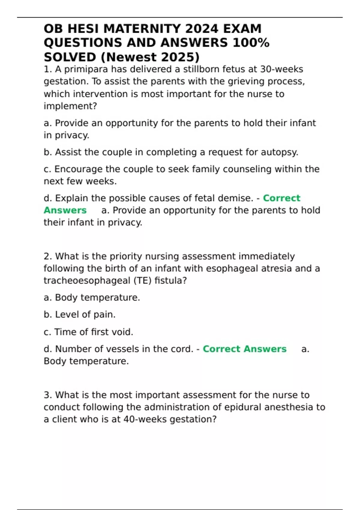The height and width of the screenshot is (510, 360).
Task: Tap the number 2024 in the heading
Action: point(202,29)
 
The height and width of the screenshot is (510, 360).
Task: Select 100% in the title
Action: point(251,43)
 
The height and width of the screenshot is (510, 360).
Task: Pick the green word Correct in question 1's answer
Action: point(281,198)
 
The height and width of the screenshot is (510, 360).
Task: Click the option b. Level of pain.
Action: point(79,314)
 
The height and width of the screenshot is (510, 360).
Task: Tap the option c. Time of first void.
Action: point(88,332)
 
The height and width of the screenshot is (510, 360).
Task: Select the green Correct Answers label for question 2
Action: point(244,349)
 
